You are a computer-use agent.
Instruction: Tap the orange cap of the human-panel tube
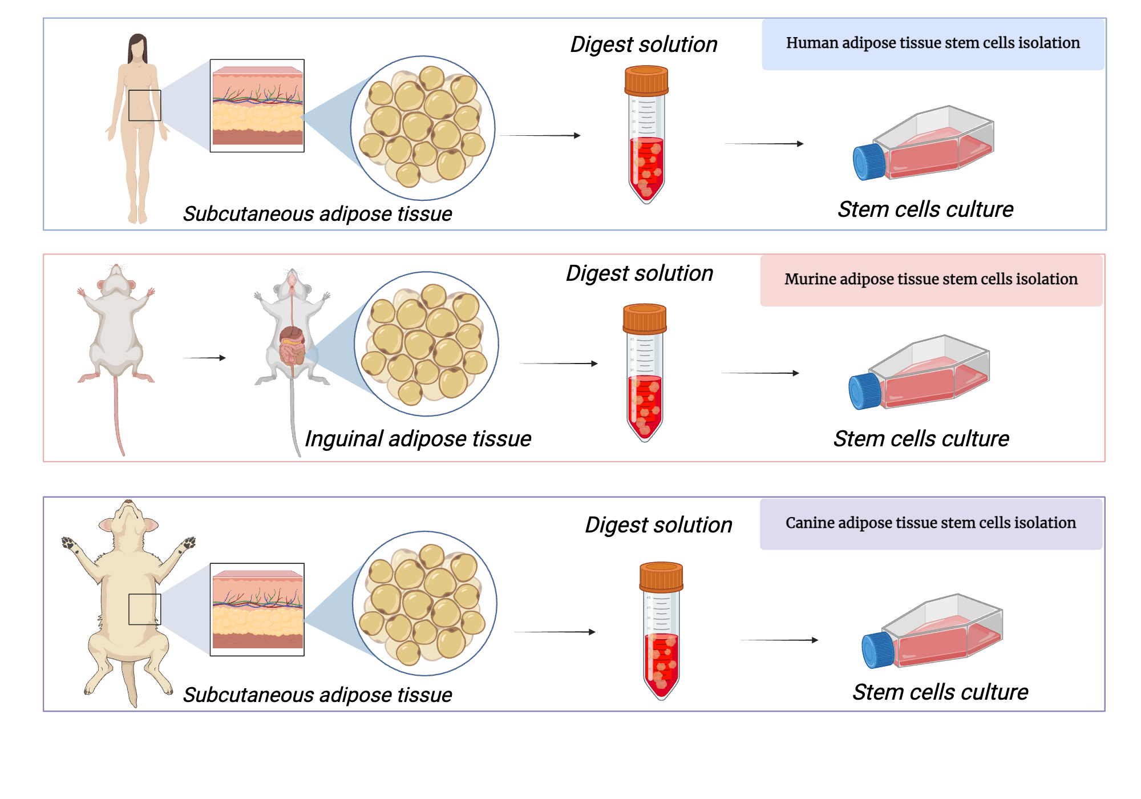646,80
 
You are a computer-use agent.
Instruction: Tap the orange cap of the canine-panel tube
661,576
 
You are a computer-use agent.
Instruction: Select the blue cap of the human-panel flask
868,162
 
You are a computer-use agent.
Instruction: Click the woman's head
137,48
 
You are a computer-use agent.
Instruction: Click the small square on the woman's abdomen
144,105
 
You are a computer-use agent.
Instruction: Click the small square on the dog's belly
144,609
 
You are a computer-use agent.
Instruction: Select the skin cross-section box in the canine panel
257,610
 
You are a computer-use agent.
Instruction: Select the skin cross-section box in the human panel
257,106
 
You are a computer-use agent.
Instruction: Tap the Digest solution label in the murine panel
639,273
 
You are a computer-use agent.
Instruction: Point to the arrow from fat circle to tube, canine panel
554,632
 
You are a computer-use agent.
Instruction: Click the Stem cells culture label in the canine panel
940,692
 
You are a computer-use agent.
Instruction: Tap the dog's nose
129,502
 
